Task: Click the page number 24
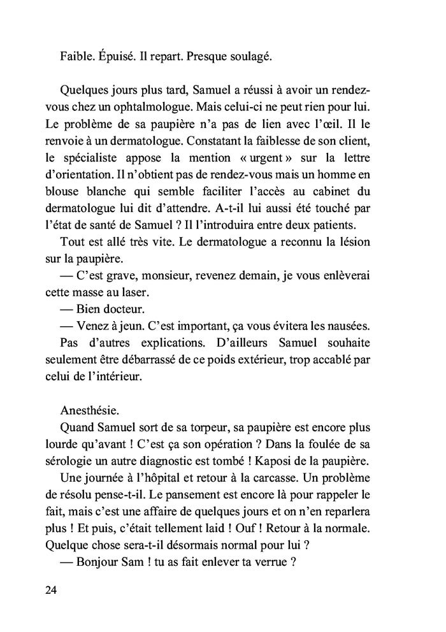pos(52,591)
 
